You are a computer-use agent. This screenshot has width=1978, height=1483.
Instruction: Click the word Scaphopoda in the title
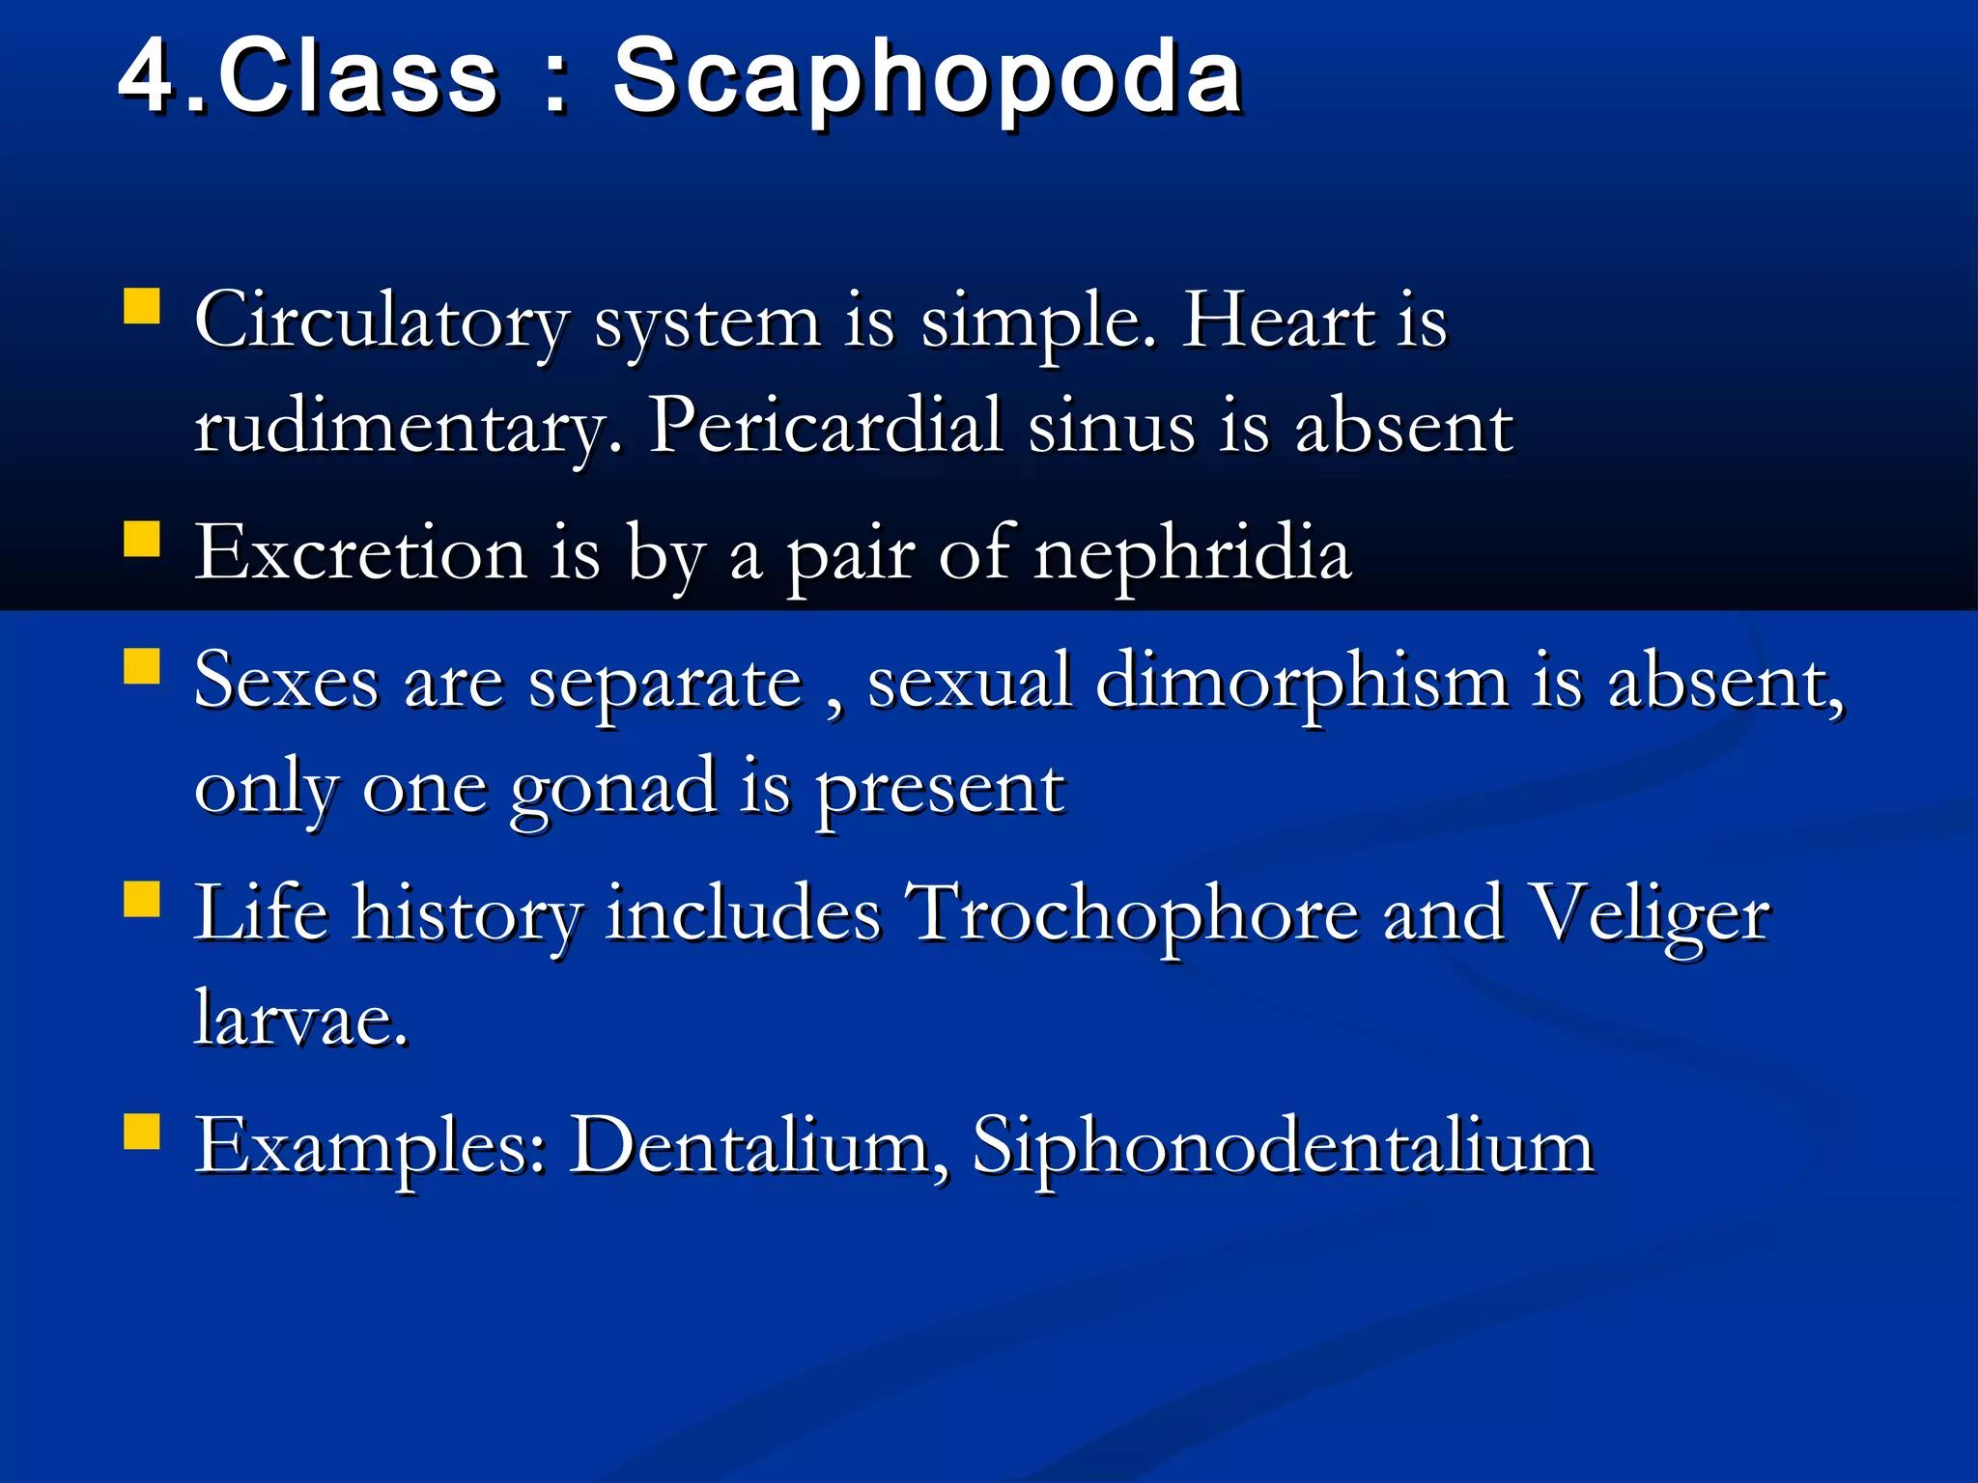click(x=927, y=77)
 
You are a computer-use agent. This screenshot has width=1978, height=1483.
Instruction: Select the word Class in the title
click(x=358, y=77)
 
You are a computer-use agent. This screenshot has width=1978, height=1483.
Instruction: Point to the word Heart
click(x=1279, y=322)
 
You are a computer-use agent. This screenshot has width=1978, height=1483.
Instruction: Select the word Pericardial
click(x=826, y=426)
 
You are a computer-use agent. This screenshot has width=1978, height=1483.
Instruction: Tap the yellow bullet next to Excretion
click(x=142, y=539)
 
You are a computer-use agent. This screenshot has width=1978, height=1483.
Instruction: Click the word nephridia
click(x=1192, y=554)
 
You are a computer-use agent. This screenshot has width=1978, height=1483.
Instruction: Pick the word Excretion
click(x=360, y=554)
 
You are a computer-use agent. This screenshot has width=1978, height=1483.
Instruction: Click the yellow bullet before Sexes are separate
click(x=142, y=666)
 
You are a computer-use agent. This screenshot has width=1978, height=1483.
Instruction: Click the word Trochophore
click(x=1135, y=914)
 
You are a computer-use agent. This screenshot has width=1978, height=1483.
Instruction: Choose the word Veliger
click(x=1652, y=914)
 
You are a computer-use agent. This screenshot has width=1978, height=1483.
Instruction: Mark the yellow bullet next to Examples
click(x=142, y=1131)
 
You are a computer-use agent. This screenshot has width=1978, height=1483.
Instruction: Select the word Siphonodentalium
click(x=1283, y=1147)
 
